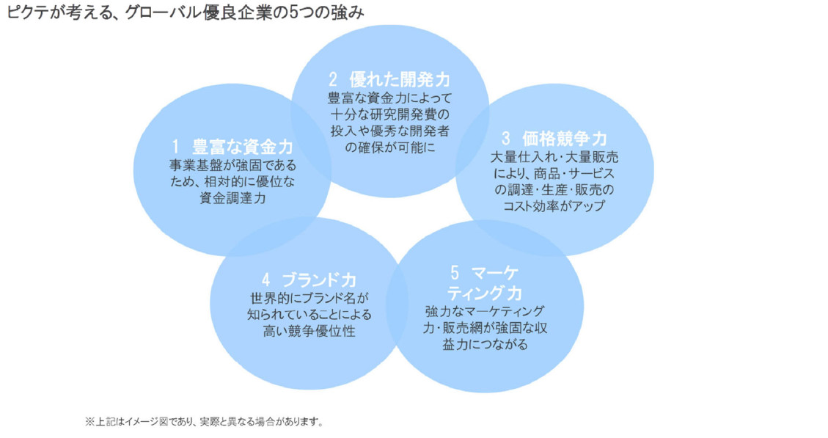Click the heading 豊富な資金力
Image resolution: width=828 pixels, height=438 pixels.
242,147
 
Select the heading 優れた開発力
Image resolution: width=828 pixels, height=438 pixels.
400,80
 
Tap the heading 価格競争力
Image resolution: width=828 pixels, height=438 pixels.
565,139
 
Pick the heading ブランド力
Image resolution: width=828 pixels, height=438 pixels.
320,280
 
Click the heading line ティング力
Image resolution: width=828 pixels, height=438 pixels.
484,293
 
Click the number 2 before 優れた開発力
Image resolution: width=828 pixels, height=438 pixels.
333,80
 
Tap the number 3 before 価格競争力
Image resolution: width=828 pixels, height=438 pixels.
506,139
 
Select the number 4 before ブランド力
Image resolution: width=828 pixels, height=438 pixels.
266,280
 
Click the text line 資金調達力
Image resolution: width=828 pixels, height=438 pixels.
233,199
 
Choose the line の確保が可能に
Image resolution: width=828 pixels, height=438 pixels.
390,148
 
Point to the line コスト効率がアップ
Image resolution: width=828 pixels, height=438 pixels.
554,206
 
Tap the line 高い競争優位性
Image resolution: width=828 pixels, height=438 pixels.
309,332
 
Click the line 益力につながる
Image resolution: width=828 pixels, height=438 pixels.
485,345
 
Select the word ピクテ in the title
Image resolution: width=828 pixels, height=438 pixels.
27,12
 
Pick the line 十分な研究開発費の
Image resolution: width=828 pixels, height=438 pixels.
390,114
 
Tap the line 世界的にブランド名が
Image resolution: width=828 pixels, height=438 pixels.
309,299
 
